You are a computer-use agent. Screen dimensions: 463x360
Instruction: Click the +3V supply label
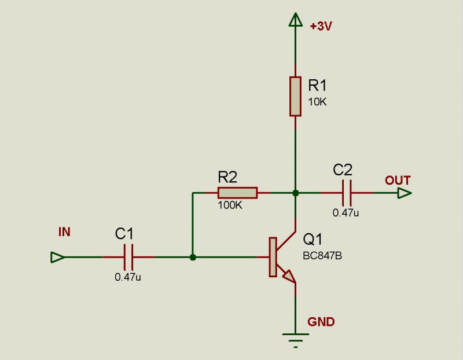coord(321,26)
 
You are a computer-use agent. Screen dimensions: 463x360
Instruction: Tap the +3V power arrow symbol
coord(295,20)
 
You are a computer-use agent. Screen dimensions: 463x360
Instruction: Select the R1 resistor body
coord(295,96)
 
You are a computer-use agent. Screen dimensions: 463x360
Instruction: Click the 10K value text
coord(317,102)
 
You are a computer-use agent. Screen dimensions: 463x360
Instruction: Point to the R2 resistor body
coord(238,193)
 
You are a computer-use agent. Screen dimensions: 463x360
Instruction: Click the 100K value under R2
coord(230,205)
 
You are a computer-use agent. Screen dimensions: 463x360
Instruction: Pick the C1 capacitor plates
coord(128,257)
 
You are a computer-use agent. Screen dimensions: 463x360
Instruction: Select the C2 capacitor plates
coord(347,193)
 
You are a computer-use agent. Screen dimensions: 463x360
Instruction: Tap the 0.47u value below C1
coord(128,277)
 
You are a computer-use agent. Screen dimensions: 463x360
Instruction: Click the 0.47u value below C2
coord(346,212)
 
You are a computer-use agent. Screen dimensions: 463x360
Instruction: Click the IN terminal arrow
coord(57,257)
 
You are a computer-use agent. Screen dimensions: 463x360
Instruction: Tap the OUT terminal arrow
coord(405,193)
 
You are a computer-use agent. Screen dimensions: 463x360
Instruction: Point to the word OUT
coord(398,181)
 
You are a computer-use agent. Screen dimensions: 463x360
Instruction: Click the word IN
coord(64,232)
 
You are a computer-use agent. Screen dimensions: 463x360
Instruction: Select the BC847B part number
coord(322,256)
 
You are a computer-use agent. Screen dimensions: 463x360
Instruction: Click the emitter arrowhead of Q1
coord(289,277)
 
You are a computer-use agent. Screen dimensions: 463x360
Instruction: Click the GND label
coord(321,322)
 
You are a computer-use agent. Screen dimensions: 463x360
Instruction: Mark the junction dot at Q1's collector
coord(295,193)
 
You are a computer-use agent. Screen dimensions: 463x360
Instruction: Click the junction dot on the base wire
coord(193,257)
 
